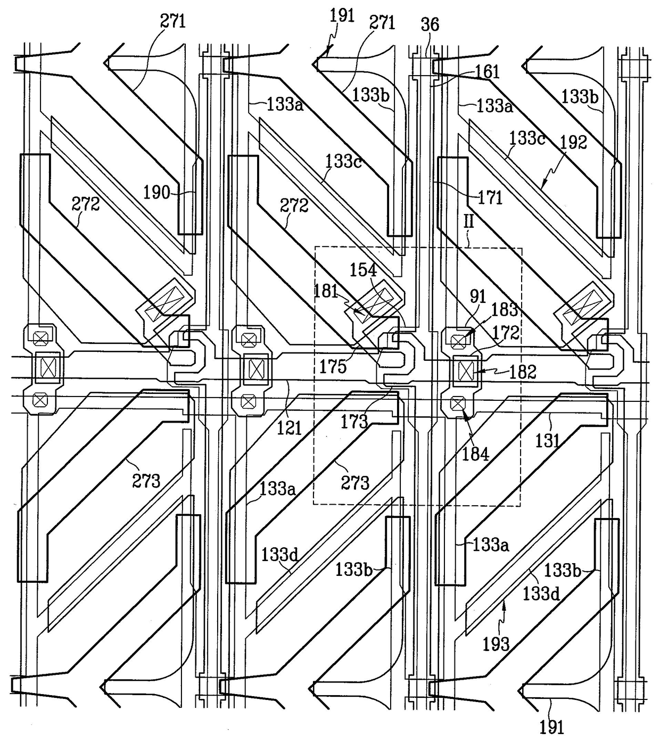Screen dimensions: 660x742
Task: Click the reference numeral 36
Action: [x=430, y=25]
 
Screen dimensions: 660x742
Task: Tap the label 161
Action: [x=487, y=72]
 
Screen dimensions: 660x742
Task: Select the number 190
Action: [x=156, y=192]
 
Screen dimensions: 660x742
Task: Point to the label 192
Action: [x=574, y=142]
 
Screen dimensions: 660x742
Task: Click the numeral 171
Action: [x=490, y=198]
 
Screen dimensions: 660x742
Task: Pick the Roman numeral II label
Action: [x=469, y=221]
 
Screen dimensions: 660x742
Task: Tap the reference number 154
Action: [x=363, y=270]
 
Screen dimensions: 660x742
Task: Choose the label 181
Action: [x=326, y=291]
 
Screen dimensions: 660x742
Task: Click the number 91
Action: [x=477, y=296]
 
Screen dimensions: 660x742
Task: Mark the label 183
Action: [x=505, y=310]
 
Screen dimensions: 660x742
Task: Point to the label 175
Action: [x=333, y=367]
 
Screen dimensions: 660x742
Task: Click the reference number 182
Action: [x=523, y=372]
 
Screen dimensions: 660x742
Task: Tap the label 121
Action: [x=290, y=428]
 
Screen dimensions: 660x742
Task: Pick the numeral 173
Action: [x=354, y=422]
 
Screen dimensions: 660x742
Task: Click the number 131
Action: [x=548, y=441]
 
